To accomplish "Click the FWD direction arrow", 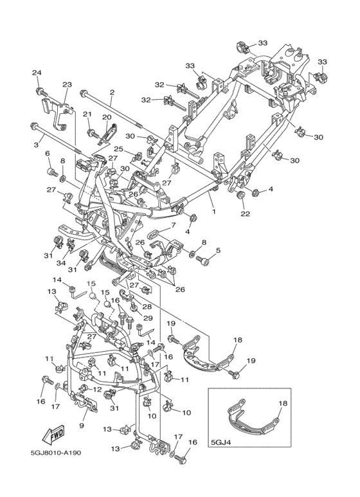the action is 53,434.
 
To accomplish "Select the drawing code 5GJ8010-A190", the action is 56,452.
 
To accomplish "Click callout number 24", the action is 37,73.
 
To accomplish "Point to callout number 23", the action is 67,85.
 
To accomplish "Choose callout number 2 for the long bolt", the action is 112,92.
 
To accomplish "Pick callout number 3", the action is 36,145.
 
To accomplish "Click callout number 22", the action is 245,214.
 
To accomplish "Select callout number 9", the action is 82,426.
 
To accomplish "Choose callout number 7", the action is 174,226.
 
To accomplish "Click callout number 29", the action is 148,318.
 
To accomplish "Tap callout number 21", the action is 87,114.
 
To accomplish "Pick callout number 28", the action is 147,307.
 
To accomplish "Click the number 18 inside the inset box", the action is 283,404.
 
